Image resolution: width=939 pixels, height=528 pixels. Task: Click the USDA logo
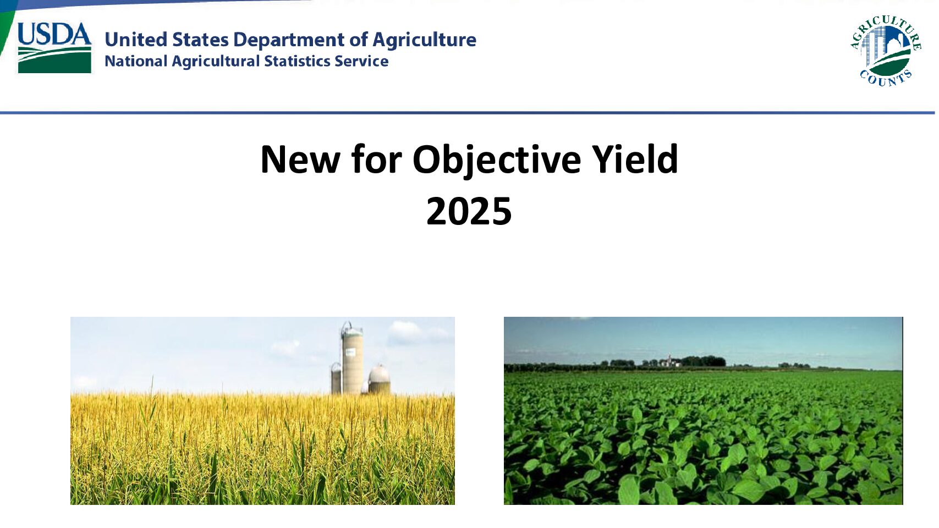pyautogui.click(x=54, y=47)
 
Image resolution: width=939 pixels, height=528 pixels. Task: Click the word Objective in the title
pyautogui.click(x=496, y=159)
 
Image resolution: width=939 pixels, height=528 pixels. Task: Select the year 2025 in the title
pyautogui.click(x=469, y=211)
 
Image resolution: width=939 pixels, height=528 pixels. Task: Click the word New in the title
pyautogui.click(x=300, y=159)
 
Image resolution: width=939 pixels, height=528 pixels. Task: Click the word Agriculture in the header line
pyautogui.click(x=424, y=40)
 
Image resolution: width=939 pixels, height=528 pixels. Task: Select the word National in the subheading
pyautogui.click(x=135, y=61)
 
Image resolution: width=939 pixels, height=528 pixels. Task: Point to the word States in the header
pyautogui.click(x=200, y=40)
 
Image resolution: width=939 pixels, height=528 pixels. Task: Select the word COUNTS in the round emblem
pyautogui.click(x=886, y=78)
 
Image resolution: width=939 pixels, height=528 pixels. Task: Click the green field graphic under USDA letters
pyautogui.click(x=54, y=60)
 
